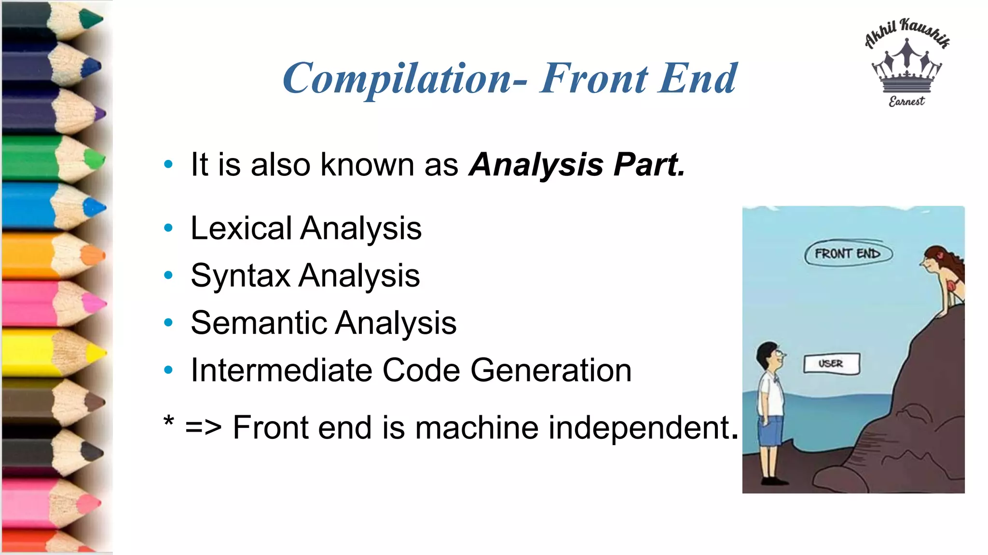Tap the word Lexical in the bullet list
pyautogui.click(x=241, y=228)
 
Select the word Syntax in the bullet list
pyautogui.click(x=241, y=276)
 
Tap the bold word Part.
pyautogui.click(x=649, y=165)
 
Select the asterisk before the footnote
pyautogui.click(x=169, y=421)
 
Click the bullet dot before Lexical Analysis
pyautogui.click(x=168, y=228)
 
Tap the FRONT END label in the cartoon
pyautogui.click(x=848, y=254)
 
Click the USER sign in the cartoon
pyautogui.click(x=831, y=364)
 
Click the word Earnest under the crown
pyautogui.click(x=907, y=101)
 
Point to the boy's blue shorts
pyautogui.click(x=771, y=430)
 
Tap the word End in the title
pyautogui.click(x=698, y=79)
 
